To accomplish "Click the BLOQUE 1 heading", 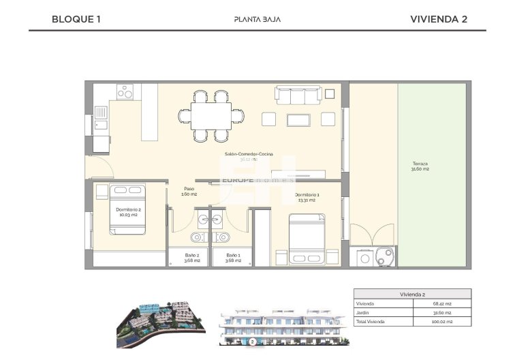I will pyautogui.click(x=76, y=19).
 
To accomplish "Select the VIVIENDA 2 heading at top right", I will pyautogui.click(x=439, y=19).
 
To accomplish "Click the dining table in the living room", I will pyautogui.click(x=210, y=116).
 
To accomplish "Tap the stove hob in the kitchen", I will pyautogui.click(x=125, y=91).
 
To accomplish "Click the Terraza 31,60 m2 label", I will pyautogui.click(x=420, y=166).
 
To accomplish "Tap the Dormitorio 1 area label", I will pyautogui.click(x=307, y=198).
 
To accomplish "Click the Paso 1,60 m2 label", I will pyautogui.click(x=189, y=192).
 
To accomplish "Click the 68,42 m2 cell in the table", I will pyautogui.click(x=443, y=303).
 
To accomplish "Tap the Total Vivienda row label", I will pyautogui.click(x=372, y=320).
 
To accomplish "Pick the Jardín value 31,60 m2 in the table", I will pyautogui.click(x=443, y=312).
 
